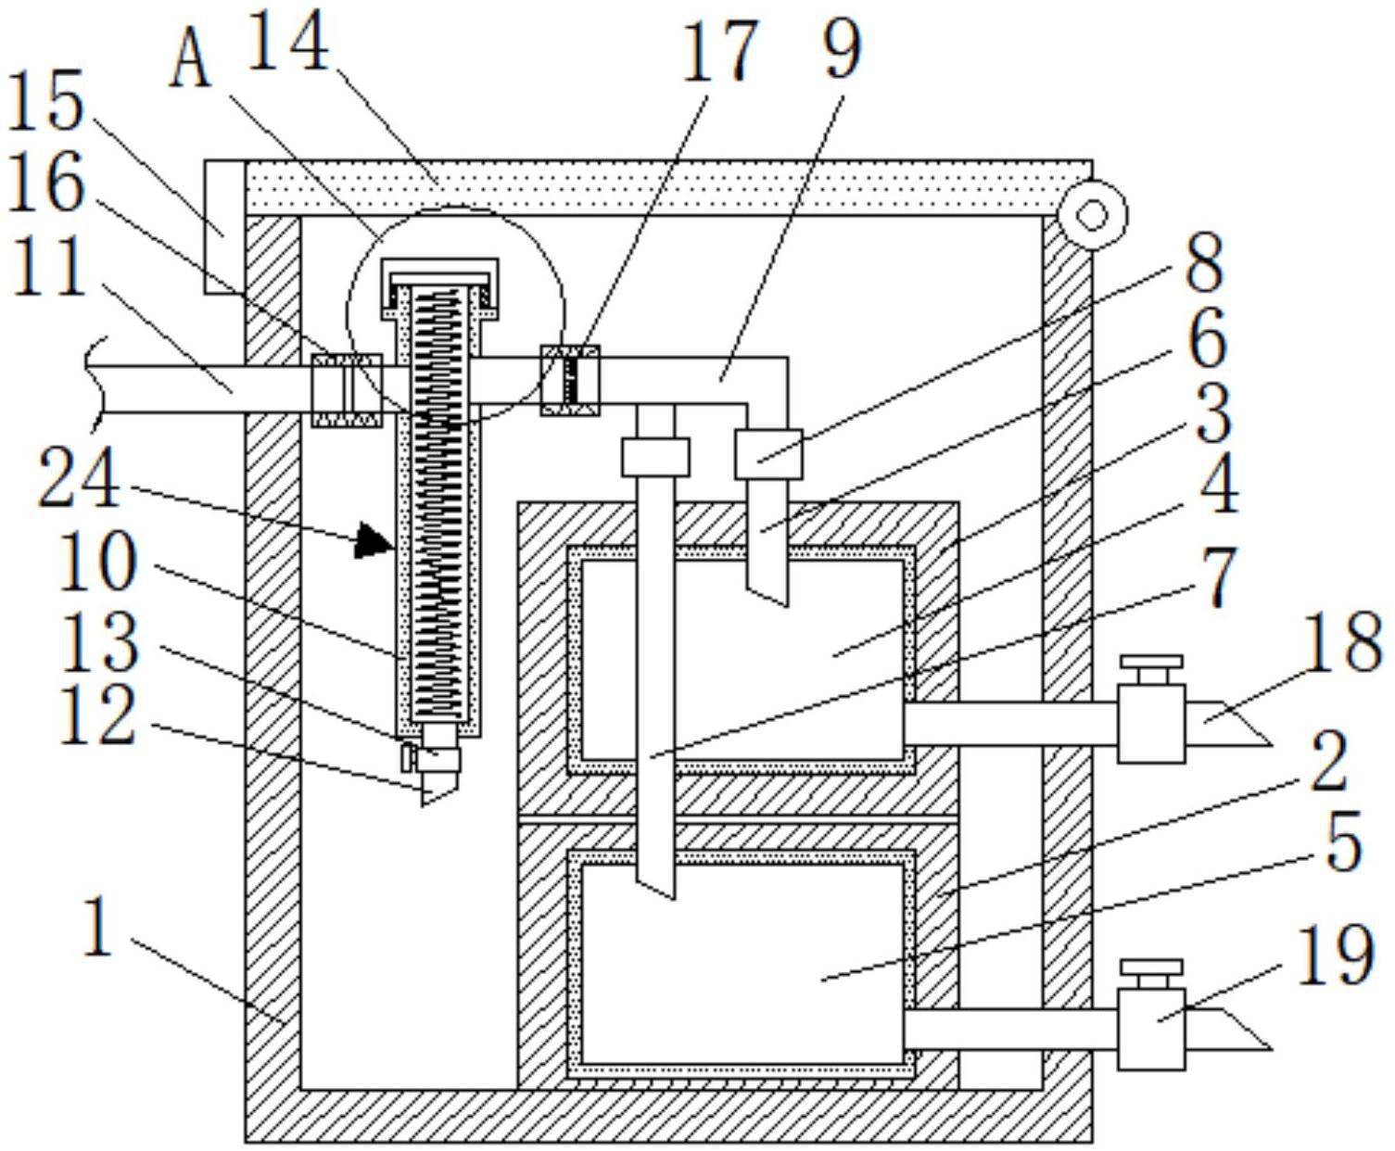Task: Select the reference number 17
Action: [719, 52]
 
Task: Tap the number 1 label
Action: [100, 928]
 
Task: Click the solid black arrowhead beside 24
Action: [372, 539]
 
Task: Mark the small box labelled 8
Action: [768, 454]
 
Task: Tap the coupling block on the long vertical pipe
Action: [655, 457]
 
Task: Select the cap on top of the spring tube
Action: [440, 288]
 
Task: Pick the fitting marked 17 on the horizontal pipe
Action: [570, 381]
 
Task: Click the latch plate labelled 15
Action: [224, 226]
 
